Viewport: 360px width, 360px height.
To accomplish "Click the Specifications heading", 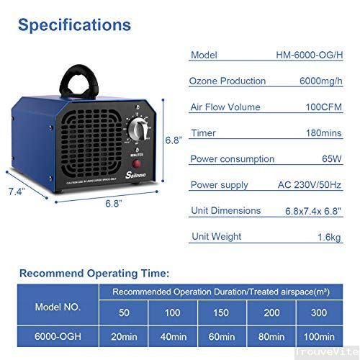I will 75,25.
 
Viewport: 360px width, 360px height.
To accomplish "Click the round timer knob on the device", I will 139,130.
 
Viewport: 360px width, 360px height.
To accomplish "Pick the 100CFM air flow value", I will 329,107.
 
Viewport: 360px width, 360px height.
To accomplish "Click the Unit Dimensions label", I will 226,210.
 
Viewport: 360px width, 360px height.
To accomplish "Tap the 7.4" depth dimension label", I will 16,192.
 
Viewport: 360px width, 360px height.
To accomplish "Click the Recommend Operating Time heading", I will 94,274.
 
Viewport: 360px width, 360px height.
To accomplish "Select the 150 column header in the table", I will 221,314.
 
